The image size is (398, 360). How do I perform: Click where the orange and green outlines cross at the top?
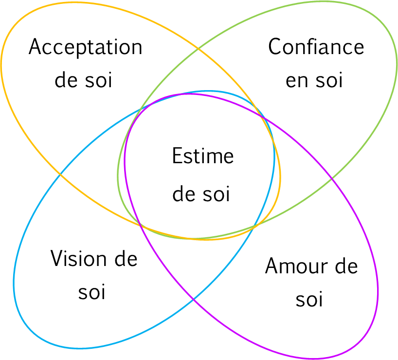(197, 49)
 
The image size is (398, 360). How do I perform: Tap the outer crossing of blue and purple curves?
(194, 298)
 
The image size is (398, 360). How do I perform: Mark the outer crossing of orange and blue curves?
(60, 173)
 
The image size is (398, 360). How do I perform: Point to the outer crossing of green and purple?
(332, 179)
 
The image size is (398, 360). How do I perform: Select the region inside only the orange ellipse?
(73, 73)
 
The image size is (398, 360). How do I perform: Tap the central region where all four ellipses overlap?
(199, 166)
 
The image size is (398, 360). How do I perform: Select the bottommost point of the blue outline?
(80, 349)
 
